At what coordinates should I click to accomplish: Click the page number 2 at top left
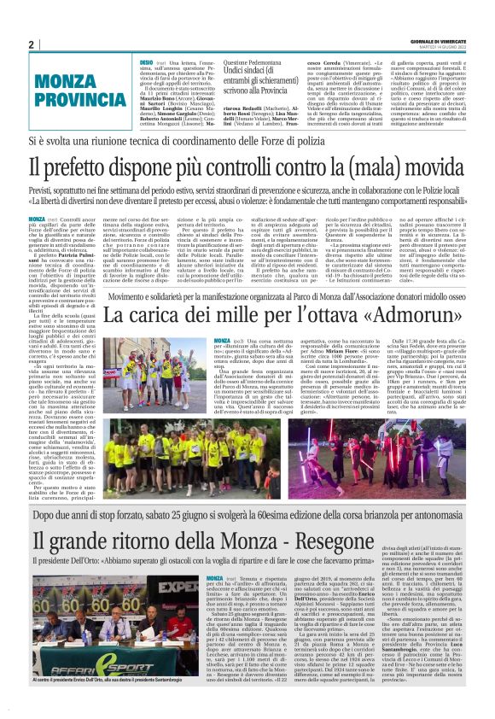pos(32,44)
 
